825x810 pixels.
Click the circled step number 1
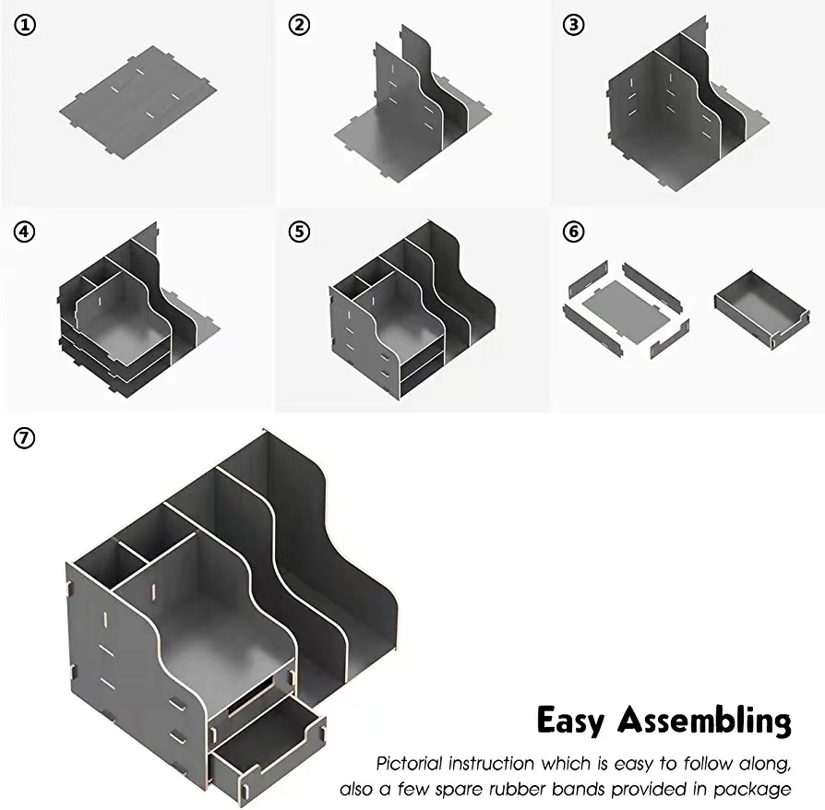(25, 26)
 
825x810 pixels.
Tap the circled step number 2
(298, 26)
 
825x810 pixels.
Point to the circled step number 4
(25, 231)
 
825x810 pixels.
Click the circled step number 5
(298, 231)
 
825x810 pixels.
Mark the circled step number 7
(25, 437)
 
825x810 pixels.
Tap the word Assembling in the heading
(704, 721)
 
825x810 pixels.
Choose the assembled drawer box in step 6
(761, 310)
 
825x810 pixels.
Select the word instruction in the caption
(499, 764)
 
